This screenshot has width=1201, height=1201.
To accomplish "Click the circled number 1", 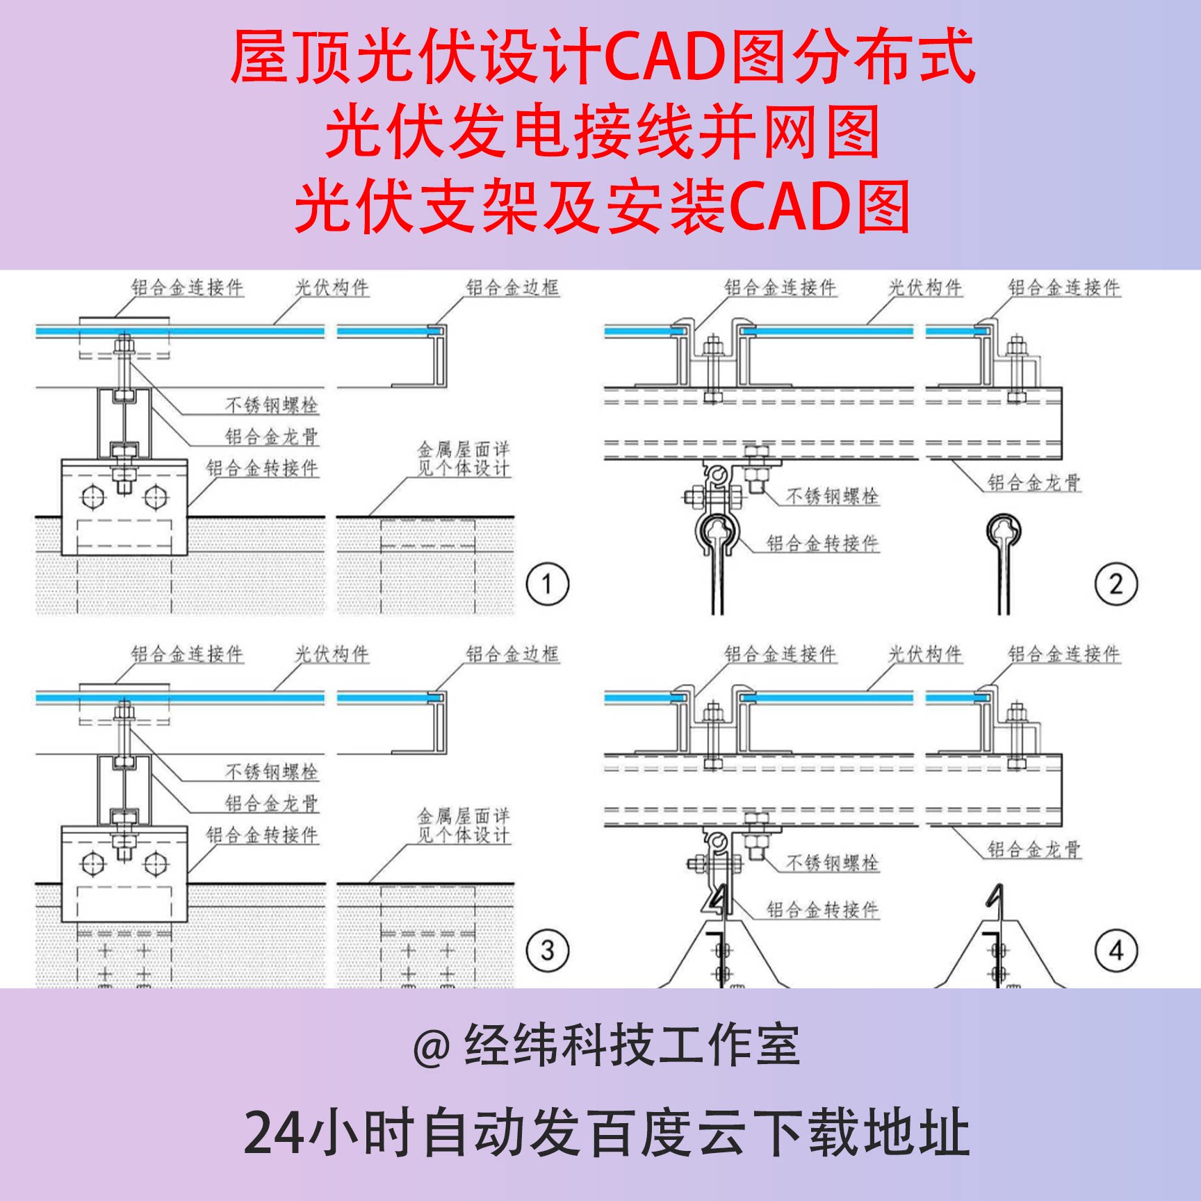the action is pos(548,584).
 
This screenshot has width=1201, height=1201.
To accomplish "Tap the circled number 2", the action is pos(1116,584).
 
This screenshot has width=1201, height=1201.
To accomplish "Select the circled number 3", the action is pos(548,950).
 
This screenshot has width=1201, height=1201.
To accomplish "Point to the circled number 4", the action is pos(1116,950).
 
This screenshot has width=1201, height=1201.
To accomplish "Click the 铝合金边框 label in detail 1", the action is pos(512,288).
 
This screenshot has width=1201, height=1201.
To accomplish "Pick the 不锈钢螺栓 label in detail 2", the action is pos(832,496).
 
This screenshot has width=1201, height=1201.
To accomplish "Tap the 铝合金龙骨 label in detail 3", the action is pos(271,803).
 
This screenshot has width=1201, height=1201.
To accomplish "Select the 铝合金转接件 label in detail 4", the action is pos(822,910).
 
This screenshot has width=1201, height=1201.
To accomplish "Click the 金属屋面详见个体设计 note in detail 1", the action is pos(464,459).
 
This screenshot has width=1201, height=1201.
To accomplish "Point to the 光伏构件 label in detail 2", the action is pos(925,288).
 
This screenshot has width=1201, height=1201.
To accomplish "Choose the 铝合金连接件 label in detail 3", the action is pos(188,654).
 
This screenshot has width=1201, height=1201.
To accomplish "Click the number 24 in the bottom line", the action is pos(273,1133).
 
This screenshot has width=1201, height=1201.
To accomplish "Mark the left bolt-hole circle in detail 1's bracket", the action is pos(93,498).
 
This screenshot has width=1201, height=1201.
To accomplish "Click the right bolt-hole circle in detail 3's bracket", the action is pos(155,864).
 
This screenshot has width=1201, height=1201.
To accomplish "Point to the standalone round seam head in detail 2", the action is pos(1003,531).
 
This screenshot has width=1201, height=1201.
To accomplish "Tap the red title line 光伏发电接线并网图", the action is pos(602,132).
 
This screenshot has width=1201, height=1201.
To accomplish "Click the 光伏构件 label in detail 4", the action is pos(925,654).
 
